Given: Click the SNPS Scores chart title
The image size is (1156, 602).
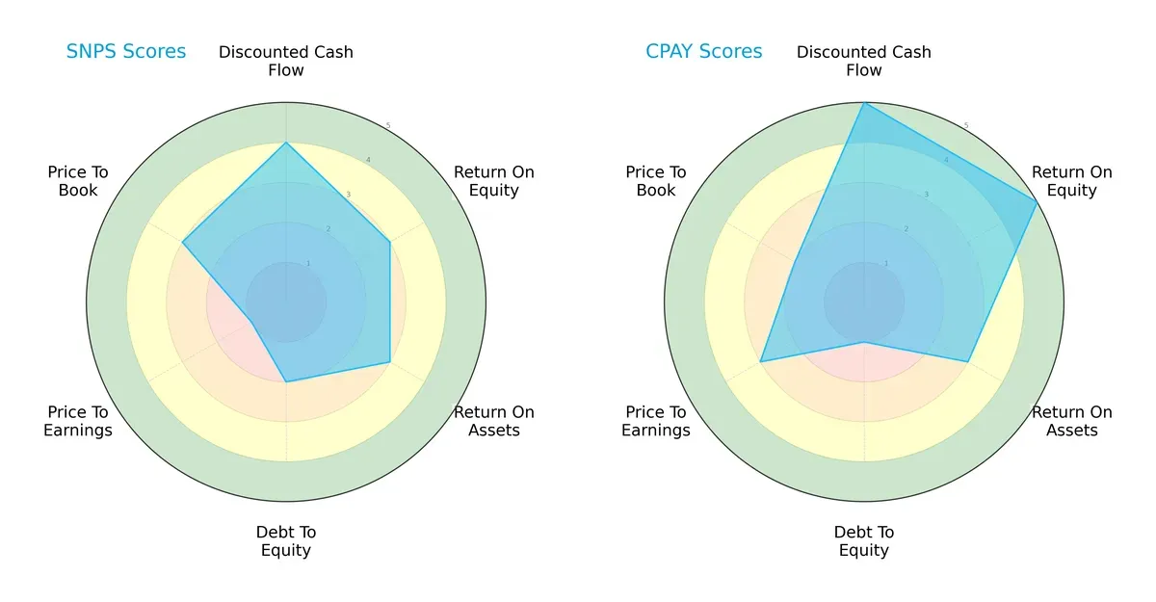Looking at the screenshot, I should pos(126,51).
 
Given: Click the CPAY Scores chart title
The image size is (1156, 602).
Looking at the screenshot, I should pos(703,51).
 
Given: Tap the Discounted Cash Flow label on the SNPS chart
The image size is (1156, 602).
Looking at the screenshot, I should pos(286,61).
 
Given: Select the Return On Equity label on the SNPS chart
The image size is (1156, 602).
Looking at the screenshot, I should pos(494,181).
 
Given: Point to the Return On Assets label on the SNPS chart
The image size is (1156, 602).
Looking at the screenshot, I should pos(494,421).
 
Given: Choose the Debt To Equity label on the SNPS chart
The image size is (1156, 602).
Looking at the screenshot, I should pos(286,541).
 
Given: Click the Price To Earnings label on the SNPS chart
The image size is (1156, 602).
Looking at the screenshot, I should pos(78,421).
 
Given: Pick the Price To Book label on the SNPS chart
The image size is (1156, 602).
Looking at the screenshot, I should pos(78,181).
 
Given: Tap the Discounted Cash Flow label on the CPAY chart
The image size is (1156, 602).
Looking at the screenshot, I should pos(864,61).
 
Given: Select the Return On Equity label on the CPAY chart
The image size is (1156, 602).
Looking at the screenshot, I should pos(1072,181).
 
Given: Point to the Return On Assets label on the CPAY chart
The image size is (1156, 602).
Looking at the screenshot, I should pos(1072,421).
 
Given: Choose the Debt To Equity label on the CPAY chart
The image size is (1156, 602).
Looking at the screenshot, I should pos(864,541).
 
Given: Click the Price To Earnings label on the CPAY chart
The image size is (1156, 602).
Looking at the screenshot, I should pos(656,421).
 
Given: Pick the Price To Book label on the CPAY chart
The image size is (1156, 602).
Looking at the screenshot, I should pos(656,181).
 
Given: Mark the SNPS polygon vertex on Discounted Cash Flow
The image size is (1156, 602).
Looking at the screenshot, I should pos(286,143).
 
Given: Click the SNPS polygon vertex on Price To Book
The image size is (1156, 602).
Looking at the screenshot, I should pos(183,242).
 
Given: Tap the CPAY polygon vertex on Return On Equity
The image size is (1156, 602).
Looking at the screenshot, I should pos(1037,202).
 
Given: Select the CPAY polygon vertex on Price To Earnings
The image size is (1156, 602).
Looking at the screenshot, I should pos(761,361).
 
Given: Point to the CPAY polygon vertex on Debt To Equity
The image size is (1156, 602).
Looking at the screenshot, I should pos(864,342).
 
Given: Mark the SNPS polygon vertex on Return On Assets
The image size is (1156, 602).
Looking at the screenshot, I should pos(389,362).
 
